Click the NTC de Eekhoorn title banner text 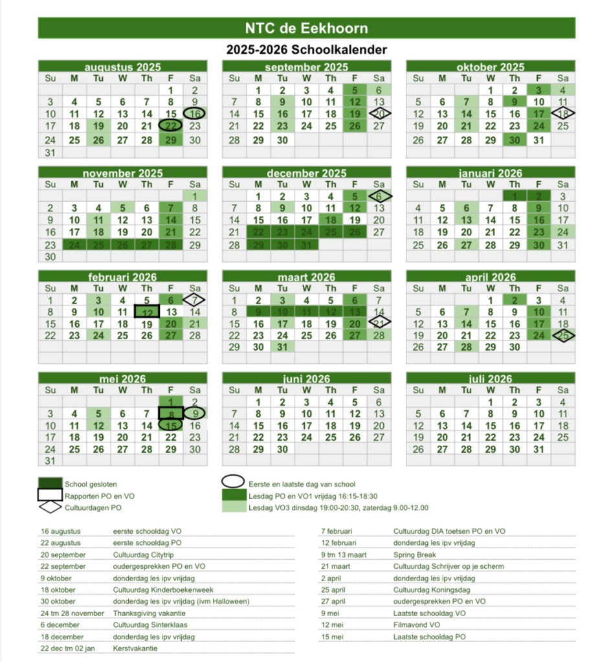click(x=306, y=28)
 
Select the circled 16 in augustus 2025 click(x=195, y=113)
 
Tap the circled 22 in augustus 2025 click(x=171, y=126)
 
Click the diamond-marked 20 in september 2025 click(x=379, y=113)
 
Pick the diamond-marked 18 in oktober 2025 click(x=562, y=113)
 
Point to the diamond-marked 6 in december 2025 click(x=379, y=196)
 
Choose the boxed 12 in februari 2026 click(x=147, y=312)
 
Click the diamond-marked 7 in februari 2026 click(x=195, y=300)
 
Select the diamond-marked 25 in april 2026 click(x=562, y=336)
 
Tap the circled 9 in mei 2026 click(x=195, y=414)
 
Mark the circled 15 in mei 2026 click(x=171, y=426)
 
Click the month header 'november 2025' click(x=122, y=173)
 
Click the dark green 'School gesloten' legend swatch click(x=50, y=483)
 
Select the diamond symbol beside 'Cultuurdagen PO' click(x=50, y=508)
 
